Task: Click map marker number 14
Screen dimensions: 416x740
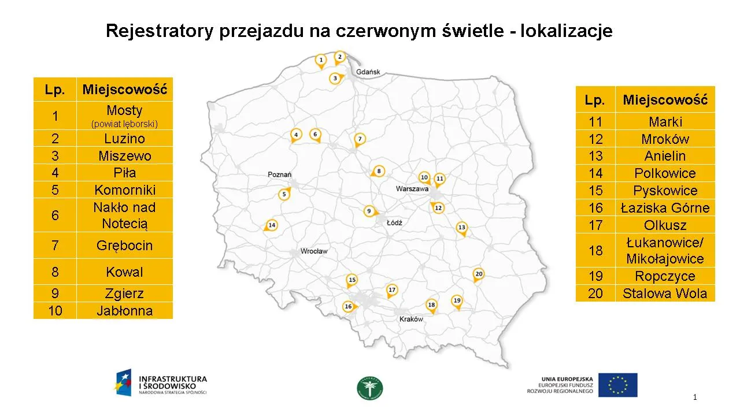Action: point(271,225)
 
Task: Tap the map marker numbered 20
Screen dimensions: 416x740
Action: point(478,274)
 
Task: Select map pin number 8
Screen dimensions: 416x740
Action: point(378,171)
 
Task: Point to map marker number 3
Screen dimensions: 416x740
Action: point(335,78)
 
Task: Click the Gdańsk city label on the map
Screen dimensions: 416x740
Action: point(368,72)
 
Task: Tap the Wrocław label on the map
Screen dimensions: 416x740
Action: point(314,251)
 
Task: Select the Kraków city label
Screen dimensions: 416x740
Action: point(411,319)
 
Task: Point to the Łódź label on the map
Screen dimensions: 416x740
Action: point(394,222)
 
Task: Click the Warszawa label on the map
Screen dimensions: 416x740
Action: point(412,189)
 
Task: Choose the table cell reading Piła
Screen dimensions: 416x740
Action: point(125,173)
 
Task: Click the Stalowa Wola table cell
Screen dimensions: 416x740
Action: point(665,294)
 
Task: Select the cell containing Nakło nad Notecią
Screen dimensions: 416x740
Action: point(125,216)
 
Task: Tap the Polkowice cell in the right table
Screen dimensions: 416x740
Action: point(665,173)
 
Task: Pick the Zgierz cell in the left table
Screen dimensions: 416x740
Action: point(125,294)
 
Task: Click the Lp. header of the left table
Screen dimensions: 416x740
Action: point(55,90)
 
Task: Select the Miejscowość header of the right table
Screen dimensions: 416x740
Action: point(665,100)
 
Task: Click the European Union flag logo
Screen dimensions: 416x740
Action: point(617,385)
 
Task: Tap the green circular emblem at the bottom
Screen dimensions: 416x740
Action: point(370,388)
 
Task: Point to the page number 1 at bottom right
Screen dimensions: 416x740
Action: point(695,397)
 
